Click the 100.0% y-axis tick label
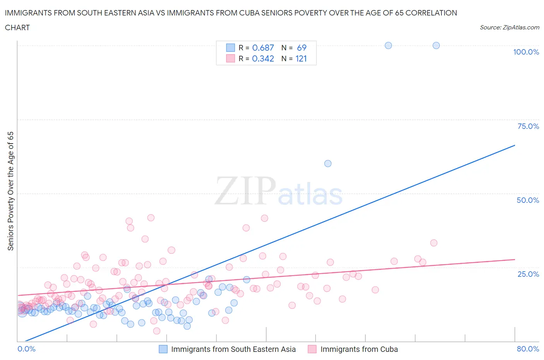pos(526,52)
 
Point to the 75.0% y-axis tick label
pos(528,126)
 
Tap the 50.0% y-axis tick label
pos(528,200)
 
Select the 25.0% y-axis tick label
pos(528,274)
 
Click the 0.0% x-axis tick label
pos(26,349)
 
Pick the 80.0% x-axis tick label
pos(528,349)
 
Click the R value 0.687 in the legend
pos(263,48)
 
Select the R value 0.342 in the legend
pos(263,58)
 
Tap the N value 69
pos(301,48)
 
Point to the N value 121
pos(301,58)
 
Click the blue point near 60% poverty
pos(328,163)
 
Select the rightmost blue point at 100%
pos(436,45)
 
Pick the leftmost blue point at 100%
pos(388,45)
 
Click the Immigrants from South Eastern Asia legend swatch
pos(163,349)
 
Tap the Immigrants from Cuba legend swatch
pos(312,349)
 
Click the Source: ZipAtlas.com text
pos(509,27)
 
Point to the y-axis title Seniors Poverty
pos(10,191)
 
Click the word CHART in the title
pos(17,27)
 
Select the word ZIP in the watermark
pos(245,190)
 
